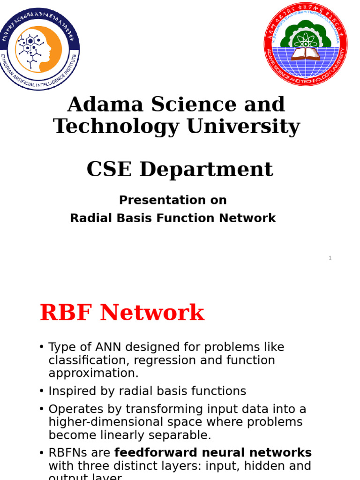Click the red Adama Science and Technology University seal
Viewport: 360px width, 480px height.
(x=306, y=45)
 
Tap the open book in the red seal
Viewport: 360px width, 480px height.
(x=306, y=53)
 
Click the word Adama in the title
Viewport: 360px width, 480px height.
(x=97, y=105)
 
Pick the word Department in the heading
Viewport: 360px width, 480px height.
(x=206, y=170)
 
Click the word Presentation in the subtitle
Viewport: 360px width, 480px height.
(x=154, y=200)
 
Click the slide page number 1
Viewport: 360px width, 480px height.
(x=330, y=258)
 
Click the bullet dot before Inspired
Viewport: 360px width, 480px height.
(x=42, y=391)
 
